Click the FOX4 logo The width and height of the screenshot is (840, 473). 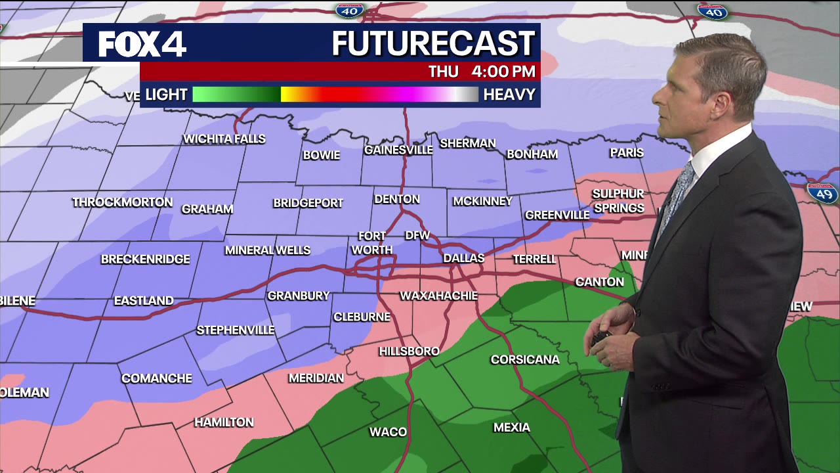142,44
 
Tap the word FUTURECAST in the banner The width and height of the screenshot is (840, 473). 433,44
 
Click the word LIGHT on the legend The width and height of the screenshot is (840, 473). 166,95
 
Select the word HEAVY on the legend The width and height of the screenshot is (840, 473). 509,95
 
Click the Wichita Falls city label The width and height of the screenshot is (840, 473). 224,139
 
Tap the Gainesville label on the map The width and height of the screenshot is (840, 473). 398,150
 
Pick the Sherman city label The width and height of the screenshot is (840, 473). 468,143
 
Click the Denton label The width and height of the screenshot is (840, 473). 396,199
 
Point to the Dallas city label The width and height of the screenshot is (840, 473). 463,258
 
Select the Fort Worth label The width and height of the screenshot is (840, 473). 371,243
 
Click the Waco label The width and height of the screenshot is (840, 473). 388,432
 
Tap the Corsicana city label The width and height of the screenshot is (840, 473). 525,359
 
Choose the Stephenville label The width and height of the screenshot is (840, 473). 236,330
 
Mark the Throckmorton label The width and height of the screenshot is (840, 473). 123,202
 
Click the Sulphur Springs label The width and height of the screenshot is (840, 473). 618,201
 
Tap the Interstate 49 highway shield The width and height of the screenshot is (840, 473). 822,193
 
